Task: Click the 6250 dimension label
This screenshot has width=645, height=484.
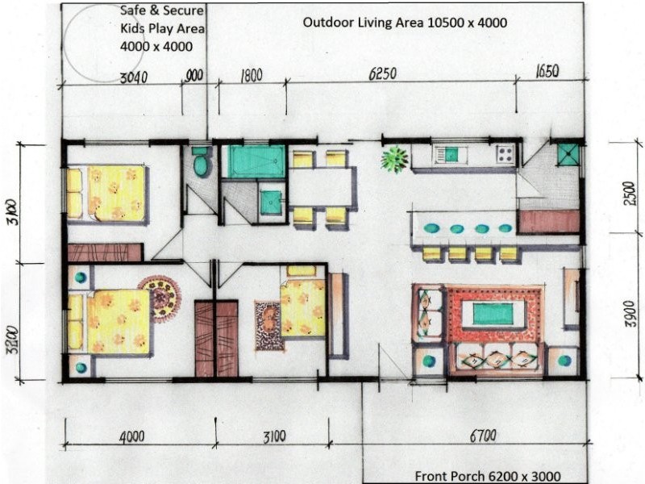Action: [x=382, y=73]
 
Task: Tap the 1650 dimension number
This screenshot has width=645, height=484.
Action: [x=547, y=71]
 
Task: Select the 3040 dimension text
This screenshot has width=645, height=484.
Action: [x=134, y=77]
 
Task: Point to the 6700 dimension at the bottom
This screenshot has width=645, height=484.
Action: [x=483, y=436]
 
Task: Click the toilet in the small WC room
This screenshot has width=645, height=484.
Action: [x=201, y=161]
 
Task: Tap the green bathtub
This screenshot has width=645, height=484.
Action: [x=256, y=161]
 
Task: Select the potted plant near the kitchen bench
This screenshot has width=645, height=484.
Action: [x=394, y=159]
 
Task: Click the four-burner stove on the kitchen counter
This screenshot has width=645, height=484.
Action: [x=506, y=155]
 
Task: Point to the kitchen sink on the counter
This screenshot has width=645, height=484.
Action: [x=450, y=155]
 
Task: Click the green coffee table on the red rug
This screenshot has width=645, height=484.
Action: [x=493, y=314]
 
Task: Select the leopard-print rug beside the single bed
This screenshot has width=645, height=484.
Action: [x=269, y=327]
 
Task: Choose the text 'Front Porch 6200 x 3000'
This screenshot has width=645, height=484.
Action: [x=488, y=476]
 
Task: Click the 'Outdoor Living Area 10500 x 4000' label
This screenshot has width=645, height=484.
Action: [x=405, y=23]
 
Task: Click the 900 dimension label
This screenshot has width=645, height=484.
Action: [x=194, y=75]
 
